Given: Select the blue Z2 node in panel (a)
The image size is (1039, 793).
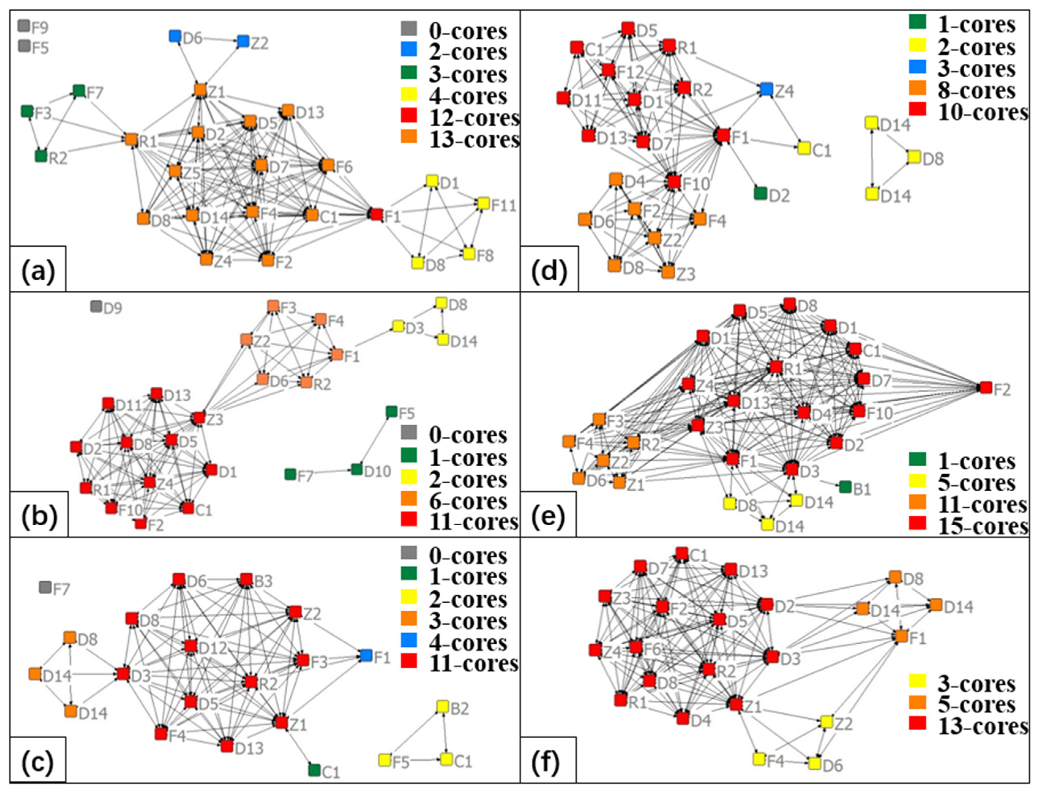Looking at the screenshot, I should coord(243,41).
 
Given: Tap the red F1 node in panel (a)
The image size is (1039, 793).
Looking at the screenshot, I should coord(376,214).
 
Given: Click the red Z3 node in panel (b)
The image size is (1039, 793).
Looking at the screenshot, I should coord(199,418).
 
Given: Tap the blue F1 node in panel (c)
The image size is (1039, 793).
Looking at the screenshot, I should coord(366,655).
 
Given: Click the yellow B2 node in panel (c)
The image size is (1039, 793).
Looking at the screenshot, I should coord(442,707).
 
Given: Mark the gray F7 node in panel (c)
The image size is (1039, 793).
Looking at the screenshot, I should coord(45,588).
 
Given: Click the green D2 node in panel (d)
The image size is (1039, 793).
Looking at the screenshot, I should coord(760,193).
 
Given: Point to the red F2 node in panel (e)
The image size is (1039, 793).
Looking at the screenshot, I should coord(986,388).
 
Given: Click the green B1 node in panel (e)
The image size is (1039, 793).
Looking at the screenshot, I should coord(845,487).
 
